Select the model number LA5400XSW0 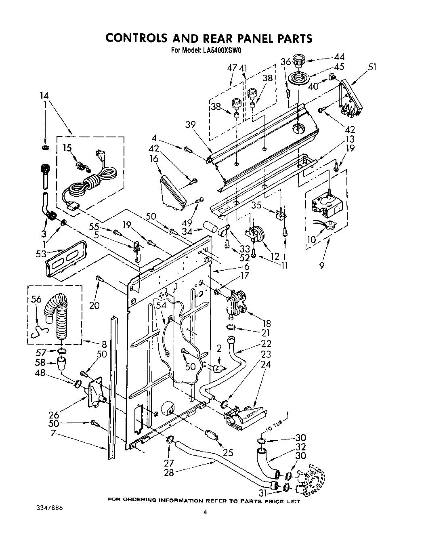pyautogui.click(x=220, y=50)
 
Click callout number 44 pyautogui.click(x=339, y=57)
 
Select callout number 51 pyautogui.click(x=372, y=67)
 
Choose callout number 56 pyautogui.click(x=36, y=299)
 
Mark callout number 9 pyautogui.click(x=321, y=266)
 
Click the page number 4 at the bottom pyautogui.click(x=205, y=512)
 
